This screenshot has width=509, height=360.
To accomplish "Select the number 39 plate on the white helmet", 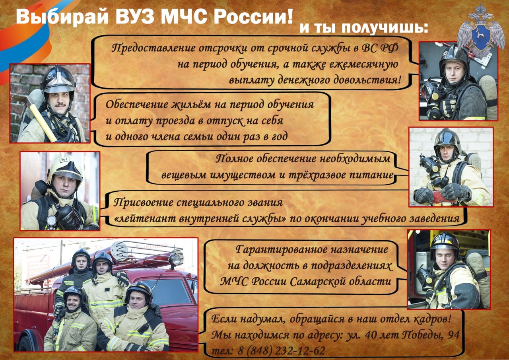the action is coord(63,160).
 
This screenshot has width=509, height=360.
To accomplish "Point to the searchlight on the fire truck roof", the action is coord(175,259).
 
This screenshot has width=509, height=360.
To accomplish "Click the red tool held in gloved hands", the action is coord(445,197).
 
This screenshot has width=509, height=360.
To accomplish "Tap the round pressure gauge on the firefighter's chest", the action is coord(51,220).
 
